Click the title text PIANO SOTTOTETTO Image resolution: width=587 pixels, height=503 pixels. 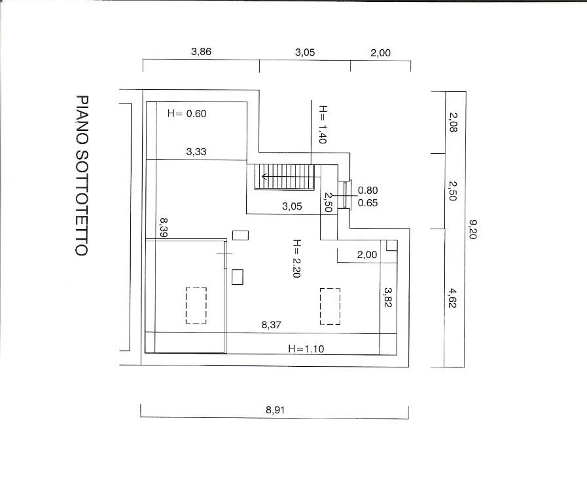82,176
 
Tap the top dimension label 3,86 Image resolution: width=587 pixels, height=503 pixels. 201,52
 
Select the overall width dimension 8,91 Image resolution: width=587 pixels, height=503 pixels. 275,410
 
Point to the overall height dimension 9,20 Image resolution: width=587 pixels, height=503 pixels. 473,229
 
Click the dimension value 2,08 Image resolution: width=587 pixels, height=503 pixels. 453,122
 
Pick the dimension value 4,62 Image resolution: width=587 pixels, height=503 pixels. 452,298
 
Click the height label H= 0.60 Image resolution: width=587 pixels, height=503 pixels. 187,113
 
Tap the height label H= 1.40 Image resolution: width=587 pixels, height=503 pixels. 323,124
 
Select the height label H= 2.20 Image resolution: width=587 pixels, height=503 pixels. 296,259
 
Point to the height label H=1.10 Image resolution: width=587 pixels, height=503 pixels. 306,348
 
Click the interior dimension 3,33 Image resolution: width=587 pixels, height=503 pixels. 196,151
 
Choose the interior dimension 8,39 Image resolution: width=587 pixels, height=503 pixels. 163,228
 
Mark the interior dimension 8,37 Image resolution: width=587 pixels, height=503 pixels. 271,325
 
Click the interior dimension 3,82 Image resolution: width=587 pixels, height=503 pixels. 388,297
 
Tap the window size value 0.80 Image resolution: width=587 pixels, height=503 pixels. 368,191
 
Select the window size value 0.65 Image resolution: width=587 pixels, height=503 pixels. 368,202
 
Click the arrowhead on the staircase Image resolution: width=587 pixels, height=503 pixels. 264,176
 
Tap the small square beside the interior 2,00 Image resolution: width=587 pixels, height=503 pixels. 391,246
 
